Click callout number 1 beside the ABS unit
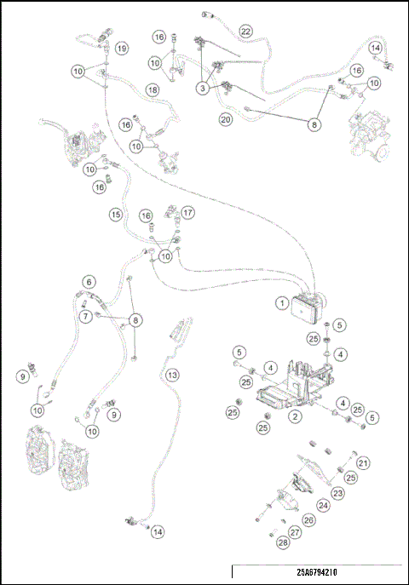282,303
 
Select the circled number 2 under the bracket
295,416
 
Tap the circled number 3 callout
203,89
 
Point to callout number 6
89,282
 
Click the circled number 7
86,317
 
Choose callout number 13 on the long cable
172,375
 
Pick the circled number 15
116,215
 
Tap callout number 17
187,213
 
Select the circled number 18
153,90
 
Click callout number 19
121,49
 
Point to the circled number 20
226,119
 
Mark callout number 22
245,31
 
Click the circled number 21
363,463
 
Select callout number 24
323,506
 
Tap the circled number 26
308,519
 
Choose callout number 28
283,542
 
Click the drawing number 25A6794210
317,572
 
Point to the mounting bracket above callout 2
295,384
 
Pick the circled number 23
337,493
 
